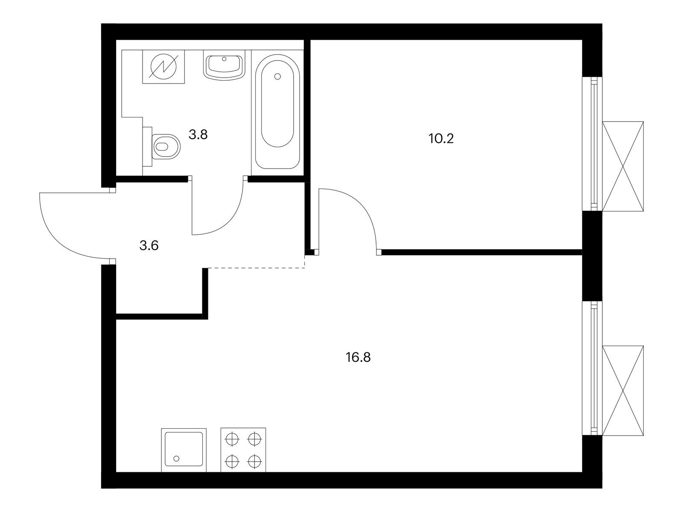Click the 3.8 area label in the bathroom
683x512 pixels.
[198, 135]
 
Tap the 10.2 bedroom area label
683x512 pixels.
[441, 139]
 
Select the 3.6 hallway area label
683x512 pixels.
[149, 246]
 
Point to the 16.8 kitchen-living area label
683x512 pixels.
[358, 358]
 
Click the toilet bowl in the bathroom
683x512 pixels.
[166, 146]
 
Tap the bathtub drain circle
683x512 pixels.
[277, 76]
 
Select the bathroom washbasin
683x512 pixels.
[224, 65]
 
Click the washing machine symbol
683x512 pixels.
[163, 67]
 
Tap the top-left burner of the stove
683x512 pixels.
[233, 439]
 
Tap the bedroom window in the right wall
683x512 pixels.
[592, 144]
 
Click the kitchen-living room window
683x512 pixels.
[592, 368]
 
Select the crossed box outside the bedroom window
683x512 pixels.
[623, 166]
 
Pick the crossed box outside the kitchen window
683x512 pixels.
[623, 390]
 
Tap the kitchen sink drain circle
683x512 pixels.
[176, 459]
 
